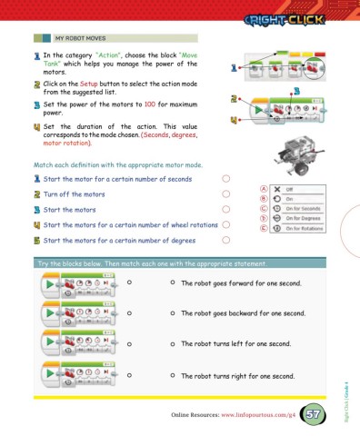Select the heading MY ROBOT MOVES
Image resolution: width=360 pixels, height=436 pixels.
click(x=84, y=40)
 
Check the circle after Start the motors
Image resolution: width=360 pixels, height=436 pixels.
click(x=226, y=210)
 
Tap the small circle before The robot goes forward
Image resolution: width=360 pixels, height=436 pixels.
click(x=171, y=282)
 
